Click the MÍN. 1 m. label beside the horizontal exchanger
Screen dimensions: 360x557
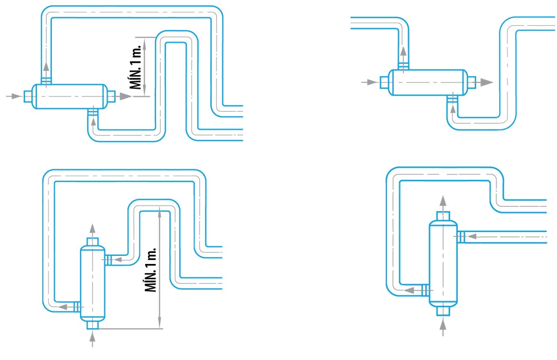136,67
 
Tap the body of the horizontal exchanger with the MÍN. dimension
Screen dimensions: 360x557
68,97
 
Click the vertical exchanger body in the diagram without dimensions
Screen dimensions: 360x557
443,263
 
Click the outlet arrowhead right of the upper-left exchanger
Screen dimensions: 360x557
125,97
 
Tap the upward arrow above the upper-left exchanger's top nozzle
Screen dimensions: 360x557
46,66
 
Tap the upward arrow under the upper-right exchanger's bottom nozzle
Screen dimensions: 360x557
453,108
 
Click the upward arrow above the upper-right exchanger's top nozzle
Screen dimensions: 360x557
403,52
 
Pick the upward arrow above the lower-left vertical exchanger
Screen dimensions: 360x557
92,227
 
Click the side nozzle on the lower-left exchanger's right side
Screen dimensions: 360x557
108,260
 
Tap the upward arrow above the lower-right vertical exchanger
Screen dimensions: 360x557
443,200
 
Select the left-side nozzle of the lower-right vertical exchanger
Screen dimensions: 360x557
425,289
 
